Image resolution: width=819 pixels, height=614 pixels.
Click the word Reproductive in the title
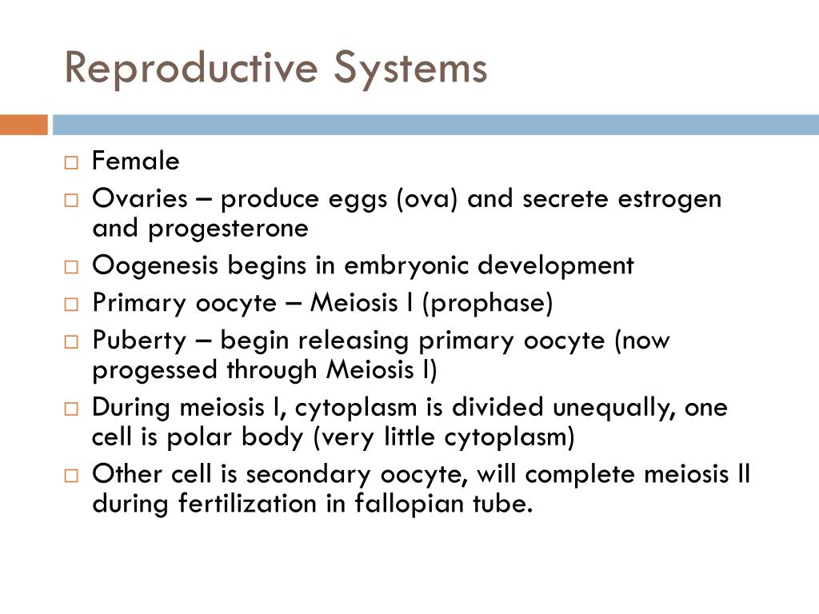191,68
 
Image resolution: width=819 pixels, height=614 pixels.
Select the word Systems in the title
410,68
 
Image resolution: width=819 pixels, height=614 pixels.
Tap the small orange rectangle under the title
23,125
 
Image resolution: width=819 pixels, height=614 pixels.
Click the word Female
135,160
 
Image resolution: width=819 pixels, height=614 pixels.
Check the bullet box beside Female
71,162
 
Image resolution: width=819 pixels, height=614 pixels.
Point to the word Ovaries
139,198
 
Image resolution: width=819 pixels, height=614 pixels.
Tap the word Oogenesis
154,266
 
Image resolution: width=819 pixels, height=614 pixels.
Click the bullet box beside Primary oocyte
71,305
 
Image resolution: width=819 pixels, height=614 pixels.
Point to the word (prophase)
487,304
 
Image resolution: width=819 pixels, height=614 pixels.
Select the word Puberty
139,341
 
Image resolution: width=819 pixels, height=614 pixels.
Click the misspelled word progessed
154,371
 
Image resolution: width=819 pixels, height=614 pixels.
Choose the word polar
198,437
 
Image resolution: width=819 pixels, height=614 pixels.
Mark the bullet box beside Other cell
71,476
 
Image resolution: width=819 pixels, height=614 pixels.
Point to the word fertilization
248,504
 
